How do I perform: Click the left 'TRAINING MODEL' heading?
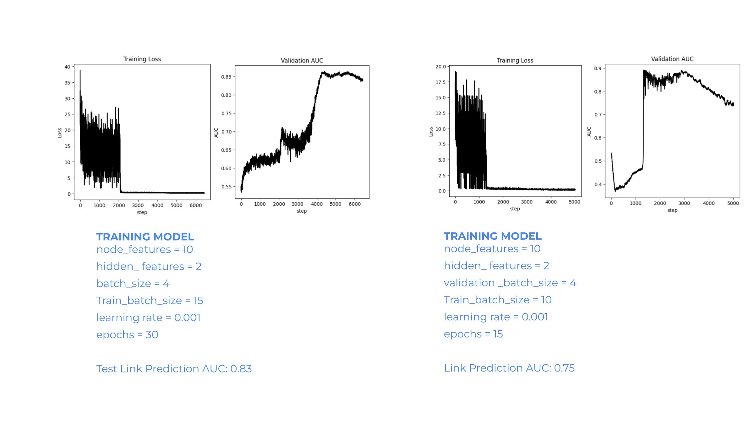[x=145, y=236]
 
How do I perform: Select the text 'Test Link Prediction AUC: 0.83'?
[x=174, y=368]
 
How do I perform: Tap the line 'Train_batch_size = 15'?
[x=150, y=301]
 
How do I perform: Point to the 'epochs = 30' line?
[x=127, y=335]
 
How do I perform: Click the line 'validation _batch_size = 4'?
[x=510, y=283]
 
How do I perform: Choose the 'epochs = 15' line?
[x=473, y=334]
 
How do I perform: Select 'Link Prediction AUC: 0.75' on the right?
[x=509, y=368]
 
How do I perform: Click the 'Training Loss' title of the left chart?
[x=142, y=59]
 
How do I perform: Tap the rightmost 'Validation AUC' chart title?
[x=672, y=59]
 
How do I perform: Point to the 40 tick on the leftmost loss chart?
[x=67, y=67]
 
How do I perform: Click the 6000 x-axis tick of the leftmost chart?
[x=195, y=205]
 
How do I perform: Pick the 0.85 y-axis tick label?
[x=226, y=77]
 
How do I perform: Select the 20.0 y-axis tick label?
[x=440, y=67]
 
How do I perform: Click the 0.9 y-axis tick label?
[x=598, y=68]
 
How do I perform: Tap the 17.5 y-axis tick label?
[x=440, y=82]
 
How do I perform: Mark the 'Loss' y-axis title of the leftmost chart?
[x=59, y=133]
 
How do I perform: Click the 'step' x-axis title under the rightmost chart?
[x=672, y=210]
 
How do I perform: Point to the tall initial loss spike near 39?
[x=80, y=70]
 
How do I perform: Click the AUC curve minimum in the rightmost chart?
[x=615, y=191]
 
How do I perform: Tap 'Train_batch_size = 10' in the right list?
[x=498, y=300]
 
